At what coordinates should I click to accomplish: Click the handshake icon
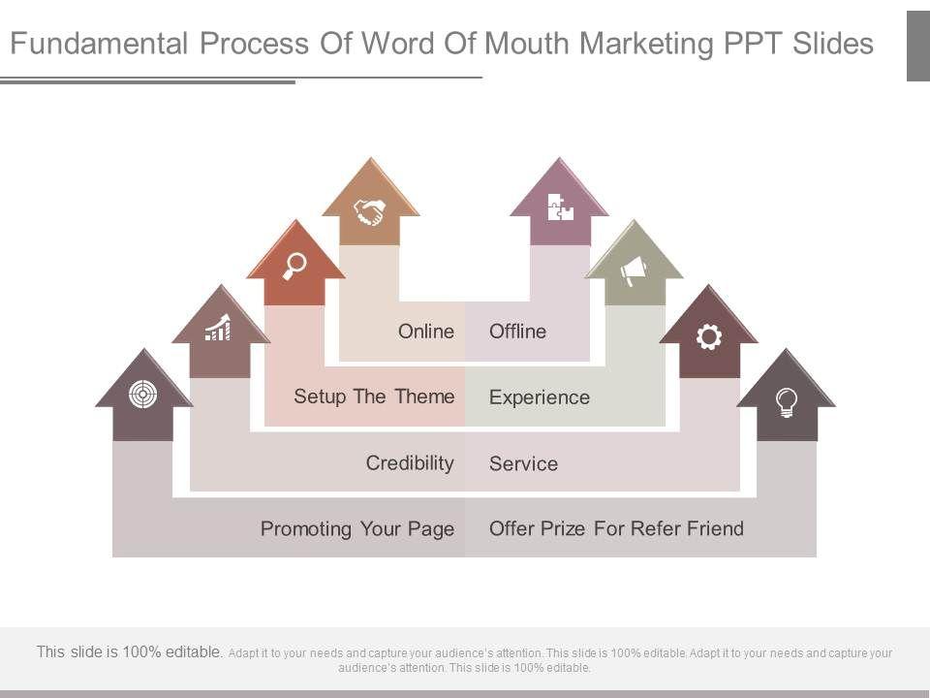click(x=369, y=211)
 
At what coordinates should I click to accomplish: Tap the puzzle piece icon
click(x=560, y=207)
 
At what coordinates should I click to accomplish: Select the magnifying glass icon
click(x=294, y=265)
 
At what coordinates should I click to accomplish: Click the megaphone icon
click(x=634, y=270)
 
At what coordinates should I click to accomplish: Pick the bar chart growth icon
click(x=219, y=329)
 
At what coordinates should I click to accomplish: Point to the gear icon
click(x=709, y=336)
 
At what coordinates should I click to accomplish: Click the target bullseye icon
click(x=142, y=394)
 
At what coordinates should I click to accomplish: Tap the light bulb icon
click(x=787, y=400)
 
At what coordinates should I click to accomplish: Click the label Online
click(x=426, y=332)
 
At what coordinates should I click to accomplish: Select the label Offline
click(x=518, y=332)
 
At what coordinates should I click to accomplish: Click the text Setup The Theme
click(x=374, y=397)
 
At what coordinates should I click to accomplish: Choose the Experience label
click(x=540, y=397)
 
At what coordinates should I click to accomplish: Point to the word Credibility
click(x=410, y=462)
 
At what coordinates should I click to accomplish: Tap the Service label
click(x=524, y=463)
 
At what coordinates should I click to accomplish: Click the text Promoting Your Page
click(x=357, y=529)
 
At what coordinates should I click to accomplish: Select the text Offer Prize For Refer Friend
click(x=617, y=529)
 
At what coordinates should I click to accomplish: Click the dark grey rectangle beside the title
click(x=917, y=46)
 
